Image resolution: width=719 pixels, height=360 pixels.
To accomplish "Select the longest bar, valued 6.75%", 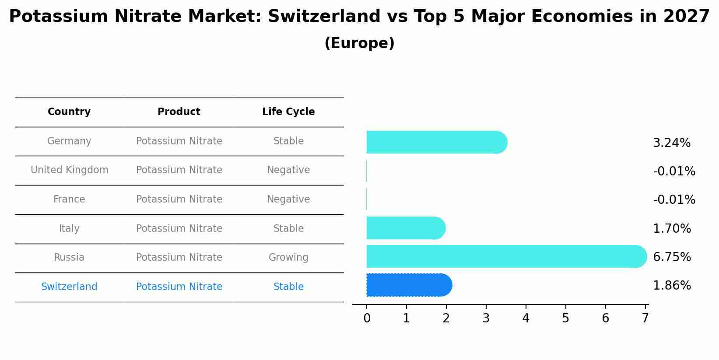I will click(506, 256).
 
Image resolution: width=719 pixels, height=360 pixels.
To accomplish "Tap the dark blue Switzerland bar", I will click(409, 285).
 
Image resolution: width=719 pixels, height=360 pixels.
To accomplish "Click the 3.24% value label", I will click(671, 143).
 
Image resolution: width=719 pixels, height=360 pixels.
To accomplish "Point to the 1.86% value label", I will click(671, 286).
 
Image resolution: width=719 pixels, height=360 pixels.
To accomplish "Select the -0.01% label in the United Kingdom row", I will click(674, 171).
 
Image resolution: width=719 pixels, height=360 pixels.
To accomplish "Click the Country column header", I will click(69, 112).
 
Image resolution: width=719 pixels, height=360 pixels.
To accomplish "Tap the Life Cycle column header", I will click(288, 112).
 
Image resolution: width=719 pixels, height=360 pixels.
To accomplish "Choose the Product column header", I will click(179, 112).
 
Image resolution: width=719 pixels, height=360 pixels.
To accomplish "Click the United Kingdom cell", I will click(70, 170).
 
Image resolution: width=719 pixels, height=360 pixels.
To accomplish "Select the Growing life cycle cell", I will click(288, 258).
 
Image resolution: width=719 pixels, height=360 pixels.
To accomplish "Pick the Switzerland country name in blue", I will click(69, 287).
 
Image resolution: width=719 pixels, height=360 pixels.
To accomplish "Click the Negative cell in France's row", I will click(288, 199).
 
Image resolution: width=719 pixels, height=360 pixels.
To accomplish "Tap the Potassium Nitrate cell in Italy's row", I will click(179, 229).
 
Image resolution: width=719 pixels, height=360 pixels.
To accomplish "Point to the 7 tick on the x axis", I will click(645, 318).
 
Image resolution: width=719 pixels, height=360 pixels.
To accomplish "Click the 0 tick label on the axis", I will click(367, 318).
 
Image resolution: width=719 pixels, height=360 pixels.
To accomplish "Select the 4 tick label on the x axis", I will click(526, 318).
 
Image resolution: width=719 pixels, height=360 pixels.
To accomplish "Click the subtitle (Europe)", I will click(359, 43).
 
